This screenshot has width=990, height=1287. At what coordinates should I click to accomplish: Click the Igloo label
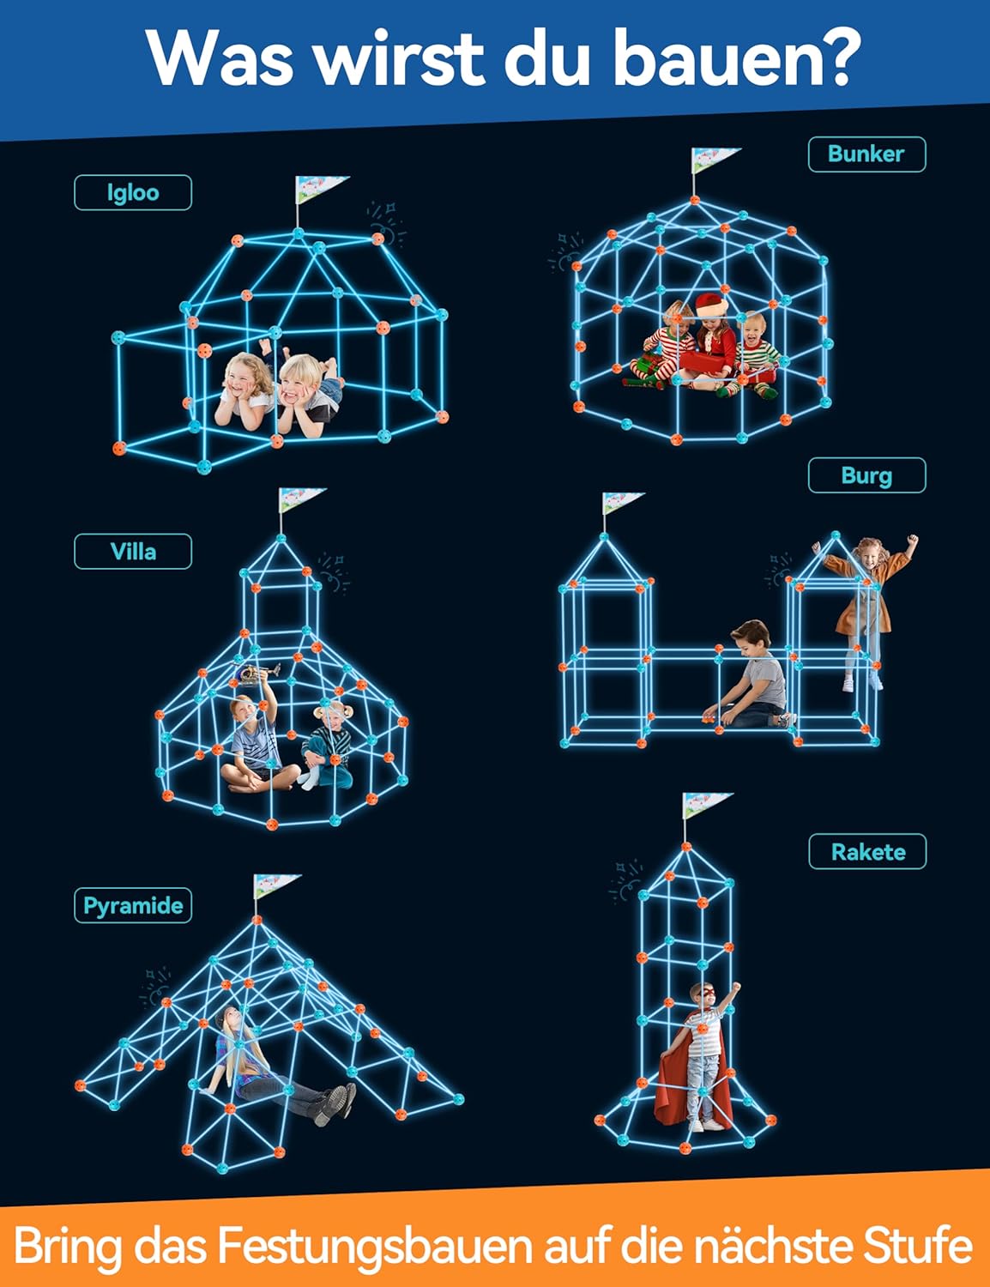click(133, 192)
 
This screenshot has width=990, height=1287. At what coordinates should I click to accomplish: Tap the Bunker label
click(866, 154)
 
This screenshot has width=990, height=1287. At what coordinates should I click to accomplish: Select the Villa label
click(133, 552)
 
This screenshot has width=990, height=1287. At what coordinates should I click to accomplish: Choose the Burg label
click(866, 475)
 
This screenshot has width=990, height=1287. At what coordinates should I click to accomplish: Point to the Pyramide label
click(133, 905)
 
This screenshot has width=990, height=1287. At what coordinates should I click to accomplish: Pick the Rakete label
click(867, 852)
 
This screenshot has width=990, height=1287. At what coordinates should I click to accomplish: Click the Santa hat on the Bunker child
click(712, 305)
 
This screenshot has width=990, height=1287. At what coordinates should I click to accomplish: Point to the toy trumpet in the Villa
click(258, 674)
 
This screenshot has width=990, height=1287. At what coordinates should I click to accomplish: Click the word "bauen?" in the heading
click(736, 58)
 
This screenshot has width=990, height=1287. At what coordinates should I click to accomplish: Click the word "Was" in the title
click(220, 58)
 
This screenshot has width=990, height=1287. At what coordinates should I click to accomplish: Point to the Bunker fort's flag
click(714, 160)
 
